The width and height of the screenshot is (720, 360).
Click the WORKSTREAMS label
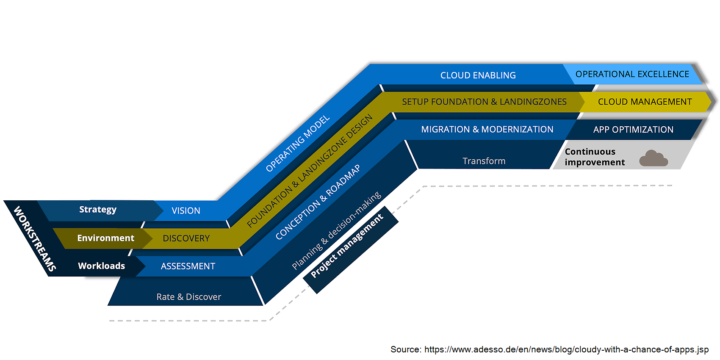35,239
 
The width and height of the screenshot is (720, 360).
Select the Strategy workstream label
98,210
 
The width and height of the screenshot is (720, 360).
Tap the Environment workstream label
105,238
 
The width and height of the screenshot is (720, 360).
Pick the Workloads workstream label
102,266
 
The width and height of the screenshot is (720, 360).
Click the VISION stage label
186,211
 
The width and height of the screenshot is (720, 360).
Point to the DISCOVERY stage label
186,238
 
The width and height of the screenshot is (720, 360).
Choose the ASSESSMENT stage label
188,266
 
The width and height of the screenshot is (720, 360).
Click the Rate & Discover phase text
189,297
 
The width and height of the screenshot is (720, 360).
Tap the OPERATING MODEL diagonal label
297,144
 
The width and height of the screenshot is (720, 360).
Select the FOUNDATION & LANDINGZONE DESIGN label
310,170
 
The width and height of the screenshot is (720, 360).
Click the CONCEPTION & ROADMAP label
318,202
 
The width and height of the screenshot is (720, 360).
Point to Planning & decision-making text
337,231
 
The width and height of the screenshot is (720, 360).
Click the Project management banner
347,246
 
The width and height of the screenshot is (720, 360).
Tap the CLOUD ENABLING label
478,75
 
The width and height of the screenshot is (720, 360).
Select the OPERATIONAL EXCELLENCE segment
632,74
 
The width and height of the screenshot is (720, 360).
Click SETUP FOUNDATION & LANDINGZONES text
484,102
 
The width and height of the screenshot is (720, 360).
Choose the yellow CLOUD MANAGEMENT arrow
645,102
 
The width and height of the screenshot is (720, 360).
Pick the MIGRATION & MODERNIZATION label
487,130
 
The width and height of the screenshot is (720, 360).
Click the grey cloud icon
653,158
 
